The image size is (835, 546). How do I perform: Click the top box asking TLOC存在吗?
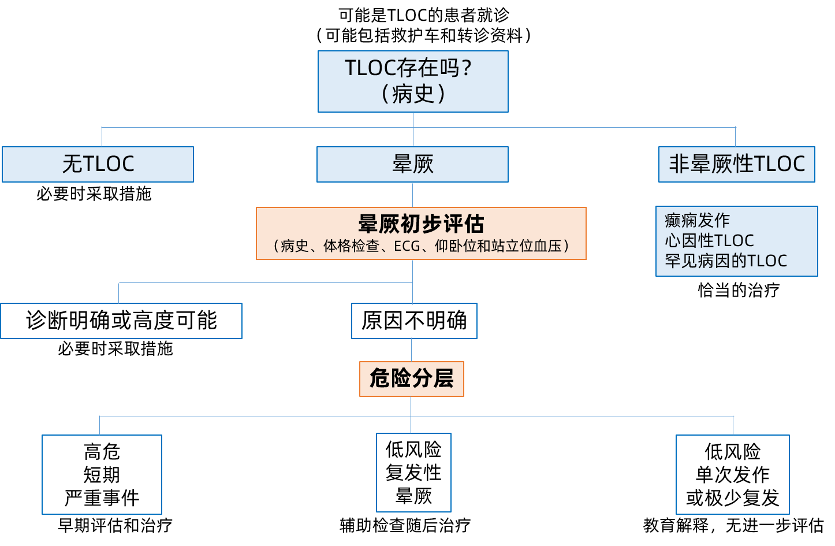tap(413, 81)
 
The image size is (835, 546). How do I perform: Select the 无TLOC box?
tap(98, 164)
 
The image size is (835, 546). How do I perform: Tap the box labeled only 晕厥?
tap(412, 164)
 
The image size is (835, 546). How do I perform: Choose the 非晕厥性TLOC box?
tap(736, 164)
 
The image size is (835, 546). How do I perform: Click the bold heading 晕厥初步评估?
tap(421, 223)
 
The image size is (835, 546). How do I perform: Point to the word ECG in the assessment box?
tap(407, 246)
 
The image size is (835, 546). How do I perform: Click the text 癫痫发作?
tap(697, 220)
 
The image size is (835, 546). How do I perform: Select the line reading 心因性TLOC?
tap(709, 240)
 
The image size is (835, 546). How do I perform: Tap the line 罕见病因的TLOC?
tap(726, 261)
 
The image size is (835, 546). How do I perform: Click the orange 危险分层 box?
tap(411, 378)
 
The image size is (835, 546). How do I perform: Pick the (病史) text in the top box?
tap(413, 94)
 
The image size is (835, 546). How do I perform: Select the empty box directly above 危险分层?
tap(414, 321)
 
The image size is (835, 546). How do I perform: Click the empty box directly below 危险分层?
tap(413, 472)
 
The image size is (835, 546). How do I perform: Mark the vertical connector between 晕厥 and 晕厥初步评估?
tap(412, 195)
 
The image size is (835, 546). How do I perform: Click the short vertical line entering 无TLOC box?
tap(102, 137)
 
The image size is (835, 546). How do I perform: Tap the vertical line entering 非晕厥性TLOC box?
tap(735, 137)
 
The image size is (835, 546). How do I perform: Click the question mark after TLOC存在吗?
tap(467, 68)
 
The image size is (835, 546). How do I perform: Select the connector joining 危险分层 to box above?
tap(411, 350)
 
